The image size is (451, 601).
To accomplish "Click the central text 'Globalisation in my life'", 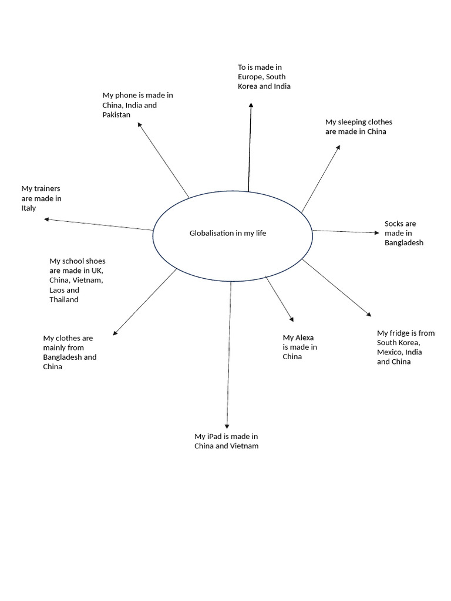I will point(228,233).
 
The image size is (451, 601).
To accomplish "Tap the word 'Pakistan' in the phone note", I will point(116,114).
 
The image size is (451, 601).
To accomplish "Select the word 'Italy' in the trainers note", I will point(29,208).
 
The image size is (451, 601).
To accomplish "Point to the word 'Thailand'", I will point(64,299).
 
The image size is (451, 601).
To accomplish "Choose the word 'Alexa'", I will point(304,337).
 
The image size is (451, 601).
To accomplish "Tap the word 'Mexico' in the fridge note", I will point(389,352).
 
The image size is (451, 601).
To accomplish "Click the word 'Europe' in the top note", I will point(250,77).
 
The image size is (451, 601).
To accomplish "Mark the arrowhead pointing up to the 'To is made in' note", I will point(251,105).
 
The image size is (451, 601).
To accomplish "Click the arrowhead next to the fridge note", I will point(368,314).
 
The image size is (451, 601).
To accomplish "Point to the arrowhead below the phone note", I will point(140,125).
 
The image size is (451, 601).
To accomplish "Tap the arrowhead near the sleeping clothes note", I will point(338,148).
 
